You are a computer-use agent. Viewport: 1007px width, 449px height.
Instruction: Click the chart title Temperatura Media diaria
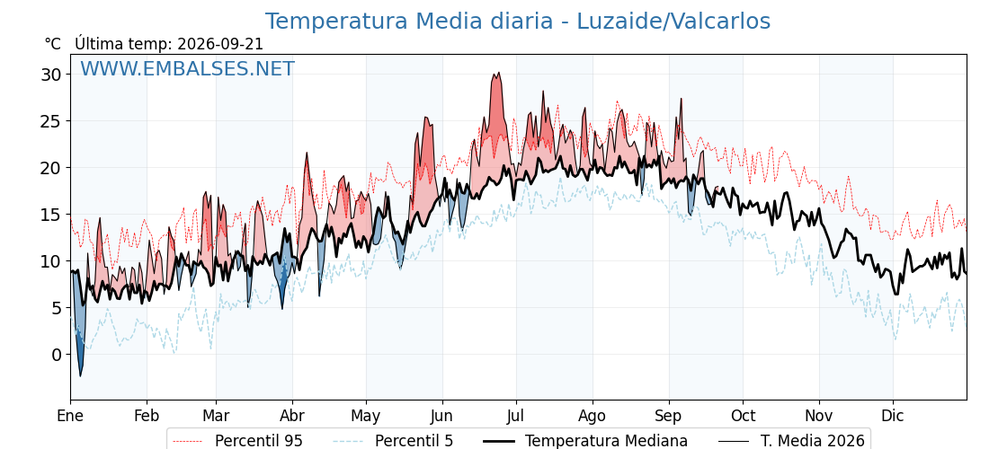point(409,22)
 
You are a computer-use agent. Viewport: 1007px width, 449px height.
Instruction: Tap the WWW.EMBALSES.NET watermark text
point(188,68)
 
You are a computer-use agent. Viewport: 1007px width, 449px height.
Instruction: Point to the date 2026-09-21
point(220,44)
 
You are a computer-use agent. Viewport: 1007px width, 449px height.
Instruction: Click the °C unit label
point(53,44)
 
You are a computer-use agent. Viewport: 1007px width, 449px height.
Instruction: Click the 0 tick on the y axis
point(58,355)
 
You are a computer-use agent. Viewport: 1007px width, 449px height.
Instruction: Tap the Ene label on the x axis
point(70,417)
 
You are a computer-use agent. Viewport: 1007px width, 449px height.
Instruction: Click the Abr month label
point(293,417)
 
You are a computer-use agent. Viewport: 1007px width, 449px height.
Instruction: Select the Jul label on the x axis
point(516,417)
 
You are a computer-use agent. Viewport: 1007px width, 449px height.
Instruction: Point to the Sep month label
point(669,417)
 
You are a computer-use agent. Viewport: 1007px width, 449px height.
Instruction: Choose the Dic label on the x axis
point(893,417)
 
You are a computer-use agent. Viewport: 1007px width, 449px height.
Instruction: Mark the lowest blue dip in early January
point(80,376)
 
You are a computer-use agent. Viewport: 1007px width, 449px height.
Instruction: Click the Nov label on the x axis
point(819,417)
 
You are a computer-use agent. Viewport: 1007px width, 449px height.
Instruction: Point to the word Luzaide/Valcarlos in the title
point(673,22)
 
